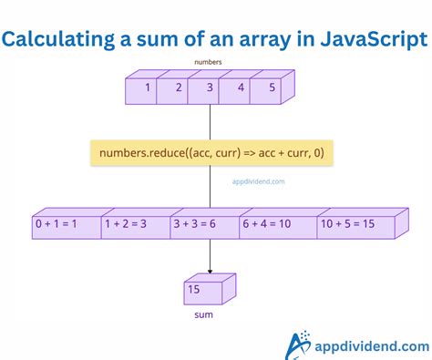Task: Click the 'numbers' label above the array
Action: pyautogui.click(x=209, y=63)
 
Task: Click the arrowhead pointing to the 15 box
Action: pyautogui.click(x=211, y=270)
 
